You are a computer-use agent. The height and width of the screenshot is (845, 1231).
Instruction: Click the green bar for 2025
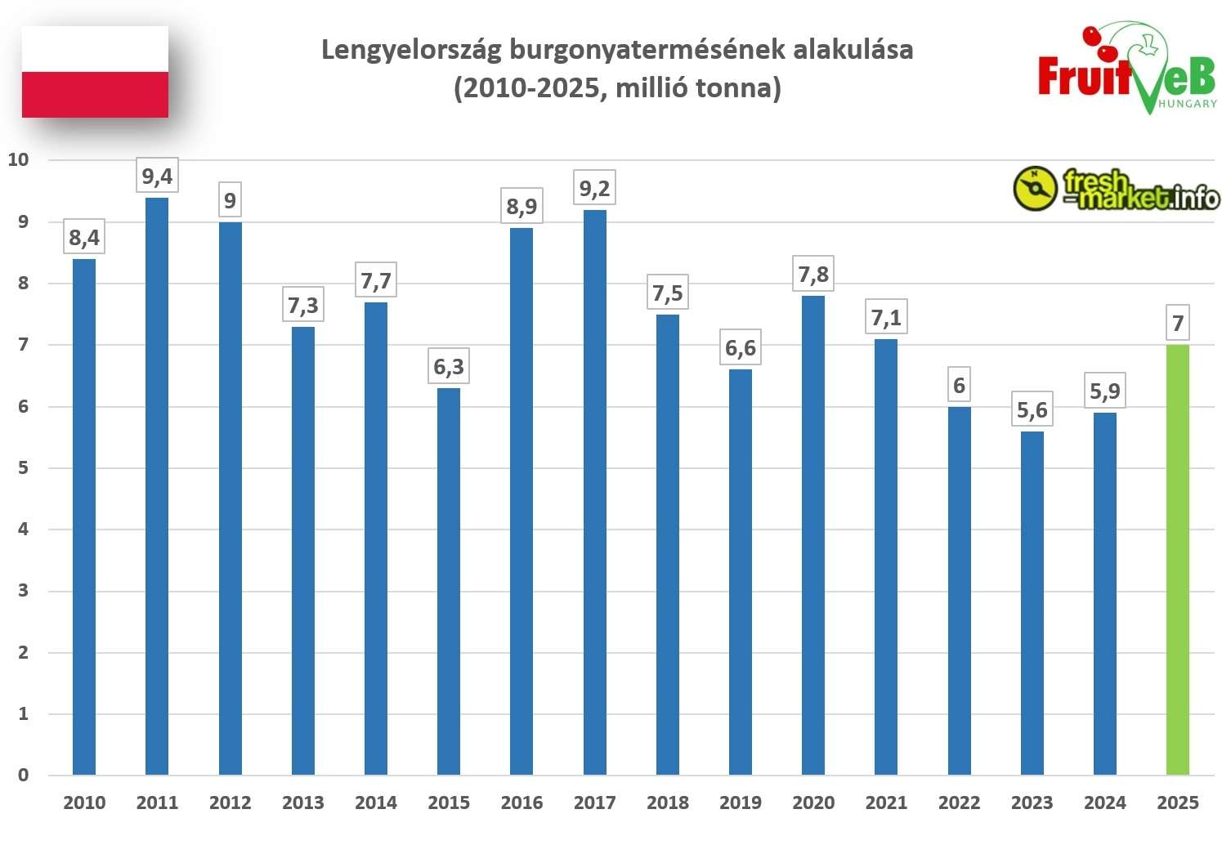click(x=1177, y=560)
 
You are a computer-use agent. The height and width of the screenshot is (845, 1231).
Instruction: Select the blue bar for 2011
click(x=157, y=486)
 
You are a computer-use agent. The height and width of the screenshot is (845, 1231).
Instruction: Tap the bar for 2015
click(x=449, y=581)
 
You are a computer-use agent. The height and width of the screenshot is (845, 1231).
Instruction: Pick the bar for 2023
click(x=1032, y=603)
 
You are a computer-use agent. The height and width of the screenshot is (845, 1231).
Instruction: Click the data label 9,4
click(x=157, y=177)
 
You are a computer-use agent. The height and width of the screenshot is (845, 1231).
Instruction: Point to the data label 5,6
click(x=1032, y=410)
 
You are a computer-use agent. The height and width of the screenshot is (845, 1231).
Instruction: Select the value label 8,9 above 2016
click(x=521, y=206)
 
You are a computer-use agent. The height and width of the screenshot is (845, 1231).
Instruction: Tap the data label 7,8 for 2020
click(x=813, y=275)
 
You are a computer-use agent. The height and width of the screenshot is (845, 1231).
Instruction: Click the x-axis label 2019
click(x=740, y=803)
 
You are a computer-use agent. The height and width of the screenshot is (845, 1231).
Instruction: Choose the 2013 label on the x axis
click(x=302, y=803)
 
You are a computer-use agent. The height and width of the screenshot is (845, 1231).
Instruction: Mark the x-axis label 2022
click(x=959, y=803)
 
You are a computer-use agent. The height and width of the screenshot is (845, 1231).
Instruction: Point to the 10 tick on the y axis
click(x=18, y=159)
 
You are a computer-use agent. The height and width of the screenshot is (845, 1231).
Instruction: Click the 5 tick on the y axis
click(x=23, y=467)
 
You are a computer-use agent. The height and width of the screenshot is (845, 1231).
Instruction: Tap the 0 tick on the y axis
click(x=23, y=775)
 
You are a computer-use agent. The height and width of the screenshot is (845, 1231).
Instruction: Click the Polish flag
click(x=95, y=72)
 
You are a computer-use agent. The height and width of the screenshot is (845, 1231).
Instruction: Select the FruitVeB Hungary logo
click(x=1126, y=69)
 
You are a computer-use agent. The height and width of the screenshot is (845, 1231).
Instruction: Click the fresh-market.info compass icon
click(x=1035, y=189)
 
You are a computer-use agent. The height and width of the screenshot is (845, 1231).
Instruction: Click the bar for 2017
click(x=594, y=493)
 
